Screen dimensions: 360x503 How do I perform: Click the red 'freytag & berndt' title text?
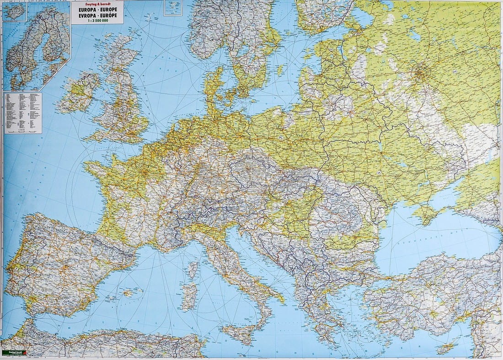pos(97,4)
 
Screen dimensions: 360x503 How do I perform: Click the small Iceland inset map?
pos(14,13)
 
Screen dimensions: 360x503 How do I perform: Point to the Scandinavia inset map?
pos(37,50)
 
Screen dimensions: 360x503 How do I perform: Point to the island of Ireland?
pos(78,94)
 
